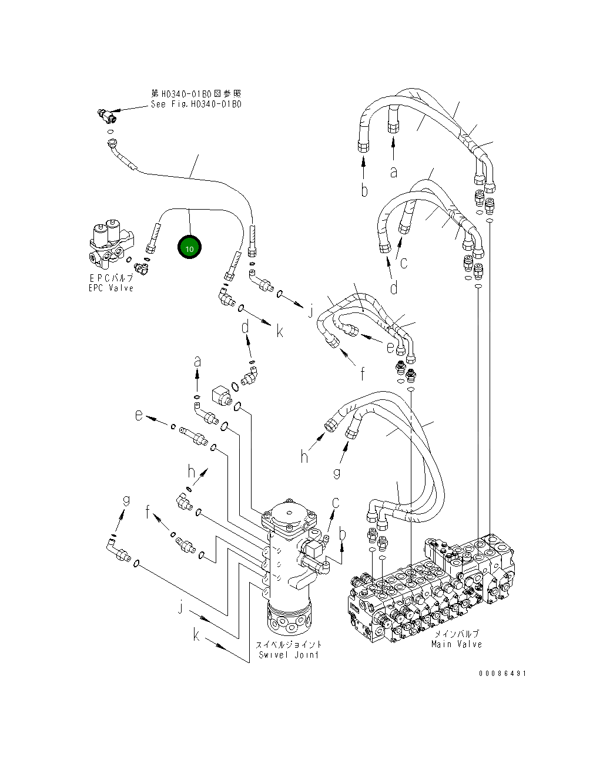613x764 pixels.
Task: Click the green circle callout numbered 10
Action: pyautogui.click(x=189, y=248)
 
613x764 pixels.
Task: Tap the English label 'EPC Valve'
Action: pyautogui.click(x=111, y=288)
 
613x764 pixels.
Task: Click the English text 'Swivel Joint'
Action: pyautogui.click(x=289, y=655)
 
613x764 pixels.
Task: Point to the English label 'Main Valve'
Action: pyautogui.click(x=456, y=644)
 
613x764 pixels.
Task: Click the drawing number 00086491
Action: pyautogui.click(x=502, y=673)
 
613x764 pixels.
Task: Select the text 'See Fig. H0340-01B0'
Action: pyautogui.click(x=196, y=105)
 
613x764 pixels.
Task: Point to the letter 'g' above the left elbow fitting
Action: pyautogui.click(x=126, y=500)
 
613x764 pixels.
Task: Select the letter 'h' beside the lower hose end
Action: pyautogui.click(x=304, y=456)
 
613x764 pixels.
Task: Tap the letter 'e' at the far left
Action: pyautogui.click(x=139, y=415)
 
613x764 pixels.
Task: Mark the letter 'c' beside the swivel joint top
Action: pyautogui.click(x=336, y=502)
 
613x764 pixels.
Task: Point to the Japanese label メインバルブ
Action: pyautogui.click(x=456, y=634)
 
